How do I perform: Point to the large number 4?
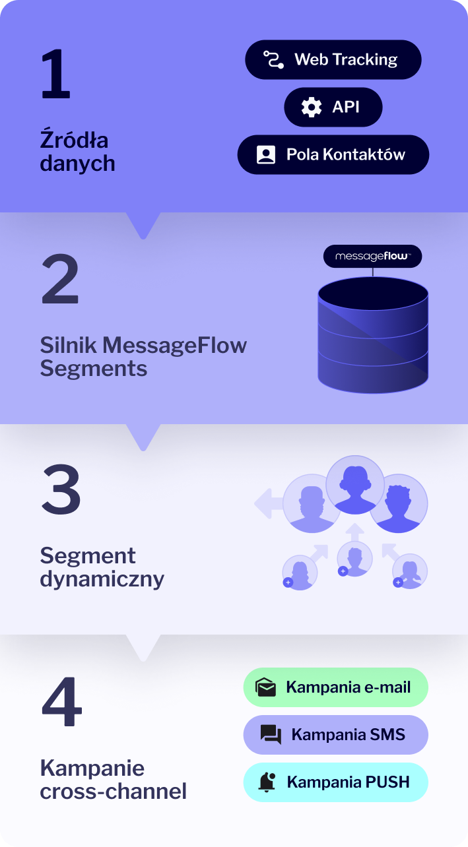[x=61, y=702]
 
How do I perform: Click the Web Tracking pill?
[x=333, y=59]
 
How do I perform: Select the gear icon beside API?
[x=311, y=107]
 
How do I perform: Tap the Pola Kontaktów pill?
[x=333, y=155]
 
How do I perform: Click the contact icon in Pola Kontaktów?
[x=265, y=155]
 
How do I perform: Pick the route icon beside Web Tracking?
[x=273, y=59]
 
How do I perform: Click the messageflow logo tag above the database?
[x=372, y=256]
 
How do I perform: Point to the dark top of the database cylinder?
[x=372, y=294]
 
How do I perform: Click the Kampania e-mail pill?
[x=335, y=687]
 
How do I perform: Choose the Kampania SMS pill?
[x=335, y=735]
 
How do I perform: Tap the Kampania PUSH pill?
[x=335, y=782]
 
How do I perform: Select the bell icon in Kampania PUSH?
[x=267, y=782]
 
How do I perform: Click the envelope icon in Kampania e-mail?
[x=265, y=687]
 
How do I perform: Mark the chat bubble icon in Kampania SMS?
[x=271, y=735]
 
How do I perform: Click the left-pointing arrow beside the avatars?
[x=267, y=504]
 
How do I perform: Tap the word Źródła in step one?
[x=74, y=141]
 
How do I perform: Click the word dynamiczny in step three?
[x=102, y=579]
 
